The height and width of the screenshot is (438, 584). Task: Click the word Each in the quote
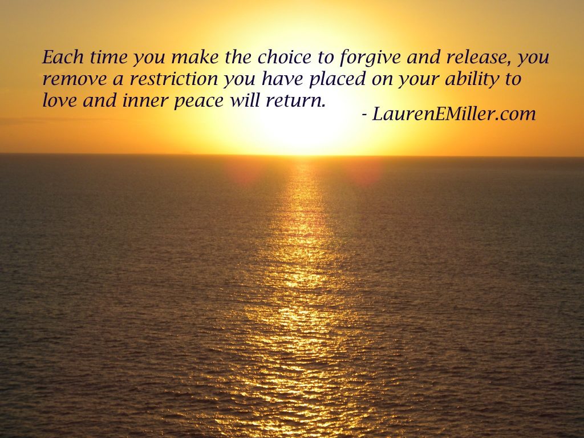click(x=63, y=57)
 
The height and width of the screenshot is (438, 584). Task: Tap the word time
click(x=109, y=57)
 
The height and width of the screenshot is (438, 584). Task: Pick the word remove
click(x=75, y=80)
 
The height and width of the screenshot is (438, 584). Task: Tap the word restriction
click(x=173, y=79)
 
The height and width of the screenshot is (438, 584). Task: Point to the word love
click(x=59, y=100)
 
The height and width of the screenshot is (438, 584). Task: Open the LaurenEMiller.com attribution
click(x=453, y=113)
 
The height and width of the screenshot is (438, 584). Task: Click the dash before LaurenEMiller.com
click(x=364, y=115)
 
